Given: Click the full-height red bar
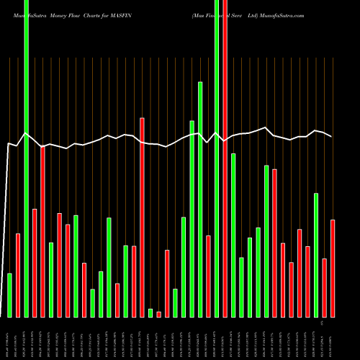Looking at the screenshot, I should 225,158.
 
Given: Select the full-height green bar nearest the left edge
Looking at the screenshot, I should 26,158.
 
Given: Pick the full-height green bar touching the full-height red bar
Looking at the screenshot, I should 217,158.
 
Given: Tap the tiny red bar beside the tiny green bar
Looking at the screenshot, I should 158,314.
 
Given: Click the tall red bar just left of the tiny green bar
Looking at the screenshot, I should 142,217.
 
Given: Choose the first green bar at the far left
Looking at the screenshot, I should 9,295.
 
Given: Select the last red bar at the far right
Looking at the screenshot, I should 333,268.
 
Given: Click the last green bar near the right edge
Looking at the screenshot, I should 316,255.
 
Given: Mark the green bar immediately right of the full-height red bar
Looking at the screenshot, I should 233,235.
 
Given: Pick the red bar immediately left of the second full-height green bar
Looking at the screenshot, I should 208,276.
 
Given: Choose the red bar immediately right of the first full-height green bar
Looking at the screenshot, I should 35,263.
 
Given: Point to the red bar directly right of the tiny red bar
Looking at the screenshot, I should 167,283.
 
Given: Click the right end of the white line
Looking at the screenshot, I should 331,136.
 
